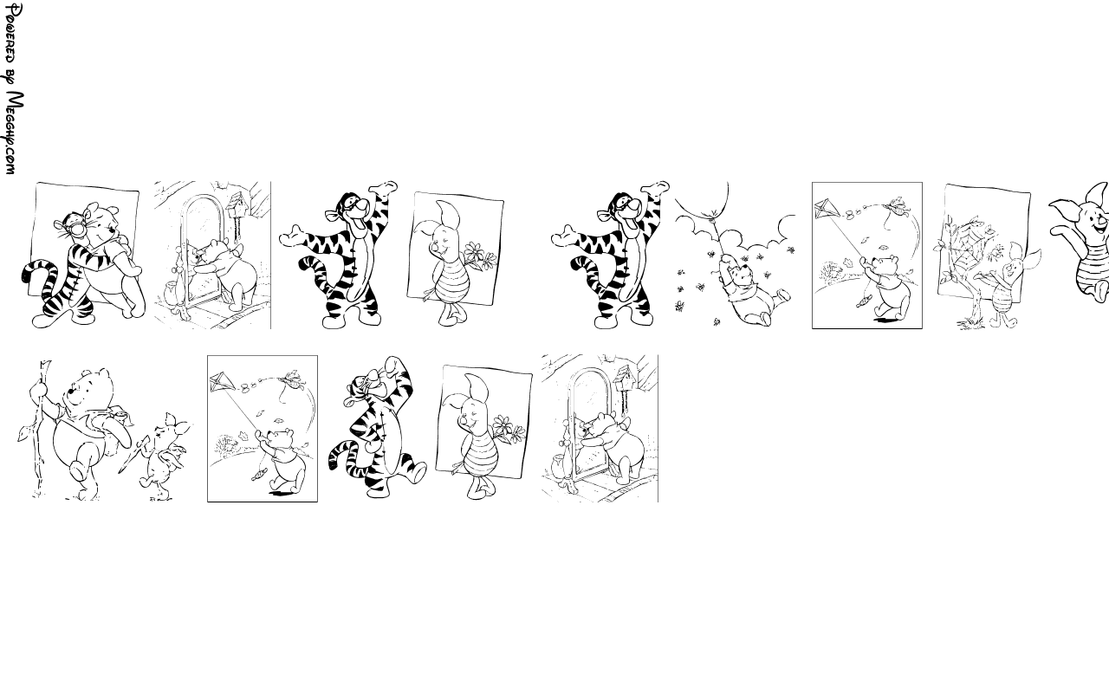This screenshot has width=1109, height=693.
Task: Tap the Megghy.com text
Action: tap(14, 133)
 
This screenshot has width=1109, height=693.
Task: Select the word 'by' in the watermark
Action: tap(11, 77)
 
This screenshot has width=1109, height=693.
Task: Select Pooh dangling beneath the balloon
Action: tap(754, 291)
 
